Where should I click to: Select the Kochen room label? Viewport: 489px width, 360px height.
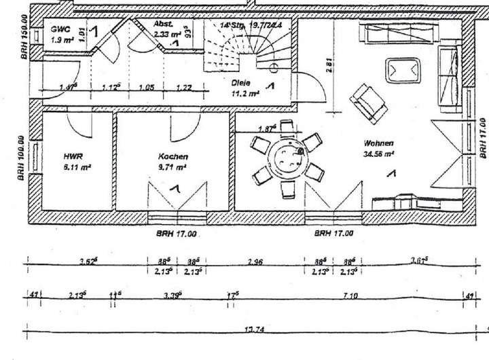[169, 156]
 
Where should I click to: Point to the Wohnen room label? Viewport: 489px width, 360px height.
[378, 143]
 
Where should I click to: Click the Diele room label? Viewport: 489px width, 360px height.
[242, 82]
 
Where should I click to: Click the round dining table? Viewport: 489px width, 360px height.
[288, 160]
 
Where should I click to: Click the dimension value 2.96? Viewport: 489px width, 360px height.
[255, 261]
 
